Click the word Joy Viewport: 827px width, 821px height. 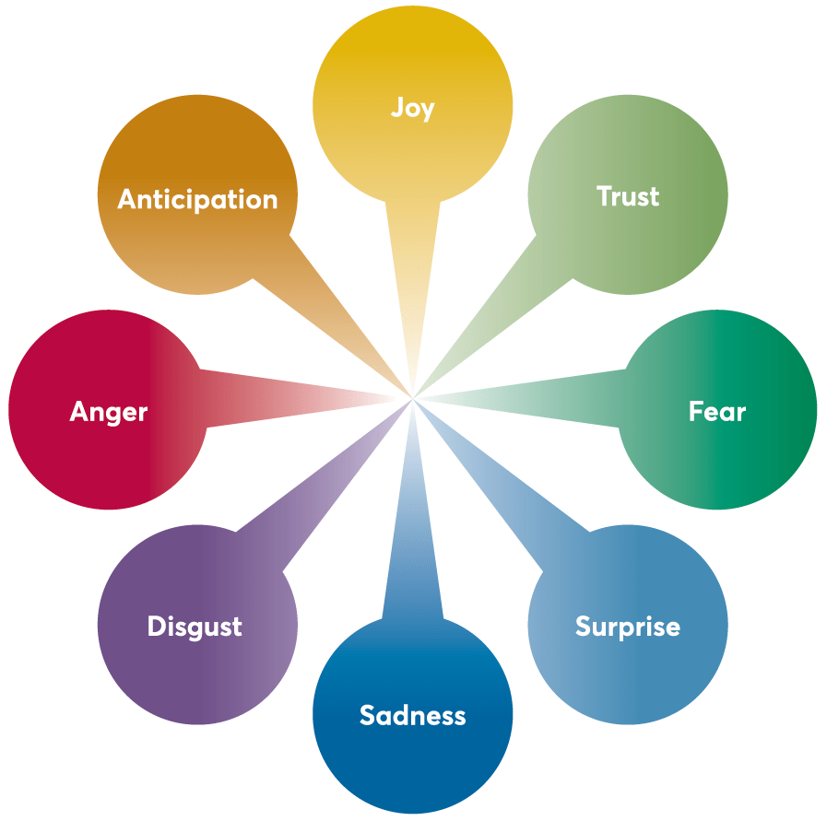coord(412,109)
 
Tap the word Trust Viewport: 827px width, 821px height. coord(628,196)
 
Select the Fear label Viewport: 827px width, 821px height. coord(716,411)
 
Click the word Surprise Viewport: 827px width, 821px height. coord(627,627)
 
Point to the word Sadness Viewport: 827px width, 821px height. coord(412,715)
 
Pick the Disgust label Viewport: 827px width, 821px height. coord(195,627)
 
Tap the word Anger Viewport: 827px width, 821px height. coord(109,411)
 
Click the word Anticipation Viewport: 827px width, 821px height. coord(197,199)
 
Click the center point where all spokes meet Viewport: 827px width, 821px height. coord(412,398)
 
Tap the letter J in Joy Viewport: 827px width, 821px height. coord(397,108)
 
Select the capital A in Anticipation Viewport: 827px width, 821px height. coord(127,199)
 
